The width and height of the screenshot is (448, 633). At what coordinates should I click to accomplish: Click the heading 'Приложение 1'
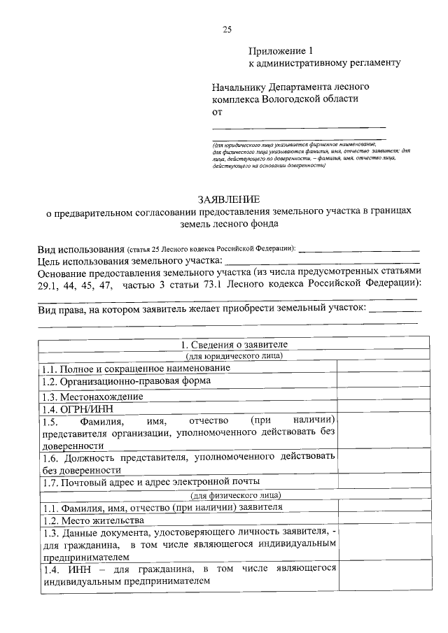pos(279,51)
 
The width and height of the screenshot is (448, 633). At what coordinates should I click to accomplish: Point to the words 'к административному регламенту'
pos(325,64)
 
